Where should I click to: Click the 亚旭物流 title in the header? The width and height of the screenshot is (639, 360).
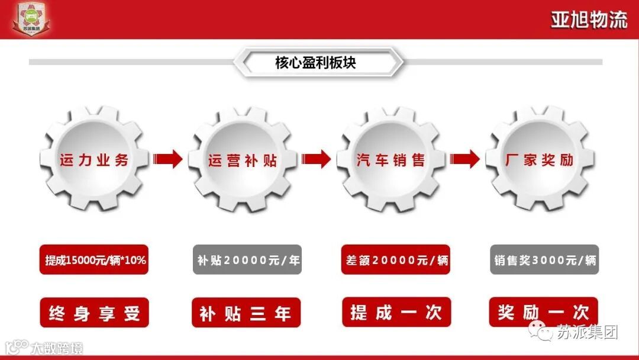click(589, 20)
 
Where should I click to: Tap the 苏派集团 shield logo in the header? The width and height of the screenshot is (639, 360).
click(31, 18)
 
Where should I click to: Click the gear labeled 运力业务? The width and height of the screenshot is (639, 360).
click(94, 159)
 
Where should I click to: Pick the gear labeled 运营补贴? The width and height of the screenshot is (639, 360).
click(243, 159)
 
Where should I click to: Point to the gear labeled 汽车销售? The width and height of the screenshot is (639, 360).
click(391, 159)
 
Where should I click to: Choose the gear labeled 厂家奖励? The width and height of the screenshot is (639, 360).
click(540, 159)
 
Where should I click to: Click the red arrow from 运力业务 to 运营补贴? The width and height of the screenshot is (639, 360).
click(168, 159)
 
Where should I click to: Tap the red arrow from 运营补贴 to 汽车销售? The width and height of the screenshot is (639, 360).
click(317, 159)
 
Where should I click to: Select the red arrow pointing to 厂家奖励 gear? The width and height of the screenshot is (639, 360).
click(465, 159)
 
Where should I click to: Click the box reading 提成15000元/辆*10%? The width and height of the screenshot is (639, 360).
click(94, 260)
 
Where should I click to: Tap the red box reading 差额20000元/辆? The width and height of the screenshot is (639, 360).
click(396, 260)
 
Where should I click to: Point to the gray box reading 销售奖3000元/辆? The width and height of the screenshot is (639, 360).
click(544, 260)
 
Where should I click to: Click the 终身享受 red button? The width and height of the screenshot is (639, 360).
click(94, 313)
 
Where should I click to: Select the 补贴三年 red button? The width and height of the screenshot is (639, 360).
click(246, 313)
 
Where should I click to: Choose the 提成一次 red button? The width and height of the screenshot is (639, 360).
click(396, 312)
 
